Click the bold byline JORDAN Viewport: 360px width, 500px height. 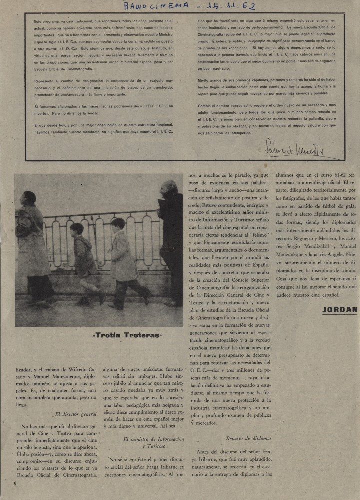[x=340, y=309]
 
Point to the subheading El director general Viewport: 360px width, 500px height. [x=75, y=414]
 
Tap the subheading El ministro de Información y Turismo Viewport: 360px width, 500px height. [x=150, y=443]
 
